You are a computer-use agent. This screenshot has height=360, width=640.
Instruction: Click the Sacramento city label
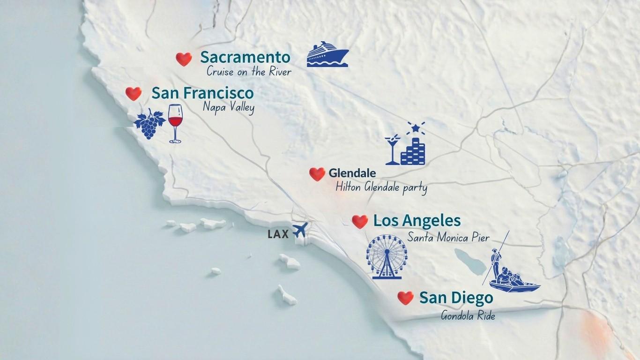click(x=245, y=58)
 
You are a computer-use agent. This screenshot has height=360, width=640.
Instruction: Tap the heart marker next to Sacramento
click(x=184, y=59)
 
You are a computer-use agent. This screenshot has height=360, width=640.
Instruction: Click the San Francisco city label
click(x=202, y=93)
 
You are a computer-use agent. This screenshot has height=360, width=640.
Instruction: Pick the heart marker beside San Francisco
click(x=134, y=93)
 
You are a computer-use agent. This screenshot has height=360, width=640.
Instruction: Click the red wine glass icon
click(x=175, y=123)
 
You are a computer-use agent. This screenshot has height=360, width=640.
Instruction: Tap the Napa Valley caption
click(x=229, y=107)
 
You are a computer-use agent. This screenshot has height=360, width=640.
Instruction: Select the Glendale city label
click(x=352, y=173)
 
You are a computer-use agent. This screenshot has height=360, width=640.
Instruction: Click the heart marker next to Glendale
click(x=317, y=174)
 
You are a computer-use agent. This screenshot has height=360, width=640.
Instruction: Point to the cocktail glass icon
click(x=392, y=150)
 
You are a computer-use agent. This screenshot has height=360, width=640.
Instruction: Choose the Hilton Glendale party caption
click(x=381, y=188)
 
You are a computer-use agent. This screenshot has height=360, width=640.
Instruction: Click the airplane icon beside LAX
click(x=299, y=230)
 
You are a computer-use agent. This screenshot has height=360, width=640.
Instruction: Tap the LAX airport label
click(x=278, y=234)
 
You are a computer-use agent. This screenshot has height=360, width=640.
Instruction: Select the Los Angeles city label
click(x=417, y=220)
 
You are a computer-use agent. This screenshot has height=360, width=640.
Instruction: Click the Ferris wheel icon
click(x=387, y=257)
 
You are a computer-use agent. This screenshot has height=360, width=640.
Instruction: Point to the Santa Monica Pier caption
click(x=448, y=237)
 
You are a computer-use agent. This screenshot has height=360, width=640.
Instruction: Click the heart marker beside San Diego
click(x=405, y=298)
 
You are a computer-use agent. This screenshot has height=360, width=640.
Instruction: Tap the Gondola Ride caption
click(x=468, y=315)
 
